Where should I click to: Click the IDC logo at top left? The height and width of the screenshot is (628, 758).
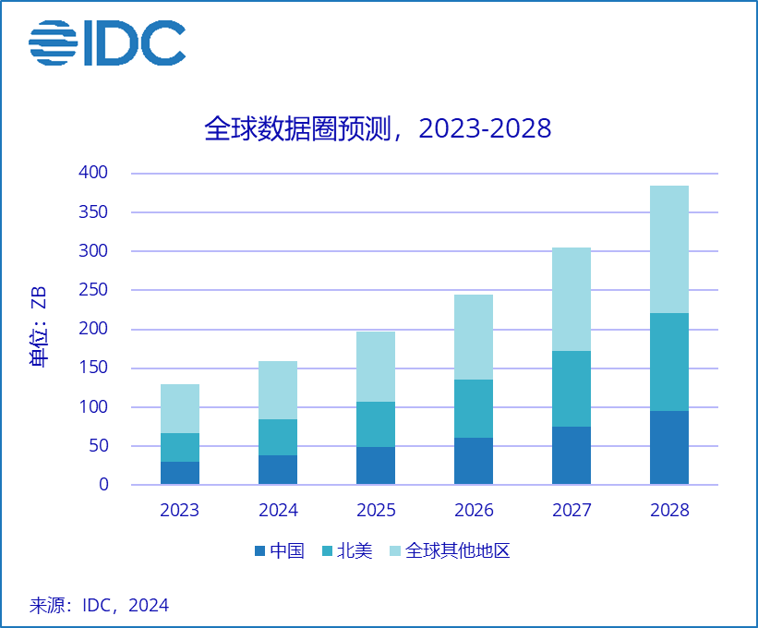[x=106, y=43]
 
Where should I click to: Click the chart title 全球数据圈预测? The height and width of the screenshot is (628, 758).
[x=378, y=128]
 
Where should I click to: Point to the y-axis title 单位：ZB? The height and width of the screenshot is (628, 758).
[x=39, y=328]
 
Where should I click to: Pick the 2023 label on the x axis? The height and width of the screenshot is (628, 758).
[x=179, y=510]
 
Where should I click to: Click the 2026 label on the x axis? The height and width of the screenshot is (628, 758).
[x=473, y=510]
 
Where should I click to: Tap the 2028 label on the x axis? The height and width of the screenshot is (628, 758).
[x=668, y=510]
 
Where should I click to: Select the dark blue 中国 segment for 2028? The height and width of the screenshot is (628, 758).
[x=668, y=448]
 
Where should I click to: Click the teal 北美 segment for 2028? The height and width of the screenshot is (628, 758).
[x=668, y=362]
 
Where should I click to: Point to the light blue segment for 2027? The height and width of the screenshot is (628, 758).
[x=571, y=299]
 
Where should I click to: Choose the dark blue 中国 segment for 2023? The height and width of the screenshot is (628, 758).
[x=179, y=473]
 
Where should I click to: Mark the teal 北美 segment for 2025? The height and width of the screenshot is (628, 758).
[x=375, y=425]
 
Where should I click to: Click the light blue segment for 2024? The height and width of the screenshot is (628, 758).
[x=277, y=390]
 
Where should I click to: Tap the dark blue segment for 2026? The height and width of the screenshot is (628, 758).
[x=473, y=461]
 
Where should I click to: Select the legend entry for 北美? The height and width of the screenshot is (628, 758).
[x=346, y=551]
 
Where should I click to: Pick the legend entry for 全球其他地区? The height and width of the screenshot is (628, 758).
[x=449, y=551]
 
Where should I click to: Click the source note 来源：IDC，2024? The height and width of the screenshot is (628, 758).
[x=99, y=606]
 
